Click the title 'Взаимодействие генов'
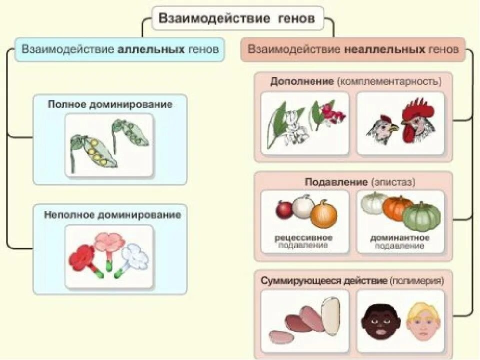[237, 19]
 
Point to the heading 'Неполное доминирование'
[112, 215]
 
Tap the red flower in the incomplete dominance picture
[82, 255]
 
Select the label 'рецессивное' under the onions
[303, 237]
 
